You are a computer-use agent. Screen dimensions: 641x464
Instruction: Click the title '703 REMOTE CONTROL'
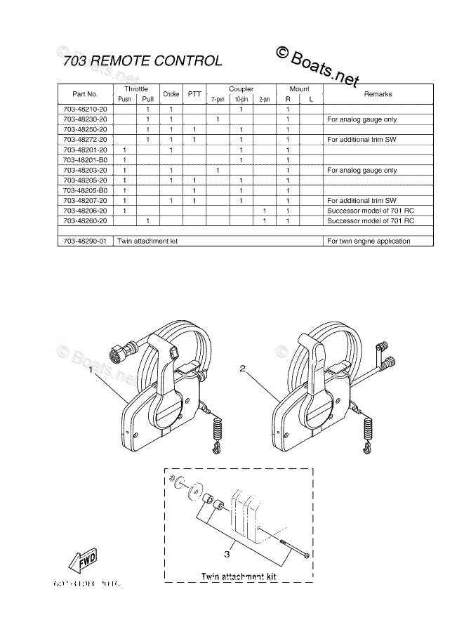(142, 61)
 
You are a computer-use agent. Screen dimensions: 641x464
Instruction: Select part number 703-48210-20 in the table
(85, 110)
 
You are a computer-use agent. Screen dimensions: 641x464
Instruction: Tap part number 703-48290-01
(85, 241)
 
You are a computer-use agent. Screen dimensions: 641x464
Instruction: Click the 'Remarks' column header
(378, 94)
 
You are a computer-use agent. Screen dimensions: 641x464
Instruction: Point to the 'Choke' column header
(171, 94)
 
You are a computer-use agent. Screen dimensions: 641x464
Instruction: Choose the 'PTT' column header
(194, 94)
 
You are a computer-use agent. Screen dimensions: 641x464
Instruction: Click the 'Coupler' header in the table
(241, 89)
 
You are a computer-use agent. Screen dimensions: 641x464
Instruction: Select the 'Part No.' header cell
(85, 94)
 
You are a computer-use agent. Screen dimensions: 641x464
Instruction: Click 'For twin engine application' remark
(369, 241)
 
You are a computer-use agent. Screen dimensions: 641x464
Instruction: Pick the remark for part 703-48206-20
(370, 211)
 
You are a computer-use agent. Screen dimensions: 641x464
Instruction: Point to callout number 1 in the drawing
(91, 376)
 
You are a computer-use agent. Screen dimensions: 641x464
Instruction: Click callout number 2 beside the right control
(242, 368)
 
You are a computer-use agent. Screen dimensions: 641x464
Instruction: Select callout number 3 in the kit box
(227, 553)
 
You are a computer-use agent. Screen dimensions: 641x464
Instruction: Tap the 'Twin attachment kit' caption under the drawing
(239, 576)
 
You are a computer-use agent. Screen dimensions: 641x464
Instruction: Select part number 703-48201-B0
(85, 160)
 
